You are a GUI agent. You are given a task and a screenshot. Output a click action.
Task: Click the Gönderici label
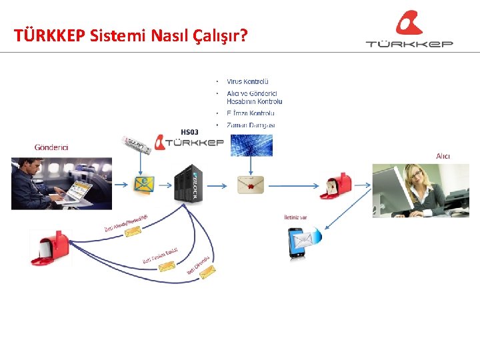point(51,147)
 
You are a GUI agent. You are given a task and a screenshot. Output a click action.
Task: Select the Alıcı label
point(443,156)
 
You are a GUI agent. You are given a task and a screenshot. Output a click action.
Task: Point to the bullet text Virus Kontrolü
point(247,81)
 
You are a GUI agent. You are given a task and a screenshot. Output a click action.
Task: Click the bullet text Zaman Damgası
point(251,125)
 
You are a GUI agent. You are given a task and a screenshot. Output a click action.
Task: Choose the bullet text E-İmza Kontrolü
point(251,113)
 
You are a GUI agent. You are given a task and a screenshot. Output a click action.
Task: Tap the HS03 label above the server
point(189,131)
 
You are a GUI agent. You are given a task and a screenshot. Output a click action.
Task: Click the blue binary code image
point(251,145)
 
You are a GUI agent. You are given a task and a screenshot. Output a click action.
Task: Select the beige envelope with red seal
point(251,184)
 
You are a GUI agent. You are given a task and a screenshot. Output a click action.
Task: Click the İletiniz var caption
point(295,217)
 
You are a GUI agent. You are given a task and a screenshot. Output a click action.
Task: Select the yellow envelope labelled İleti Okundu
point(207,271)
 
